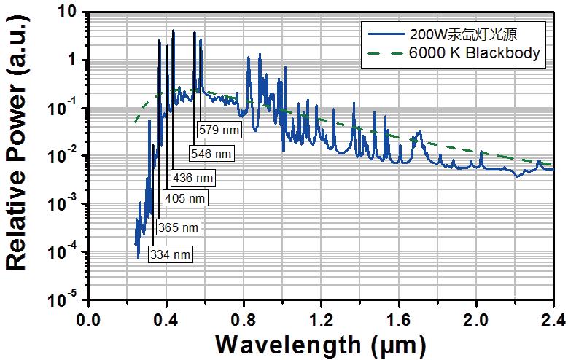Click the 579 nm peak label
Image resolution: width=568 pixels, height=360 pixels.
click(x=218, y=130)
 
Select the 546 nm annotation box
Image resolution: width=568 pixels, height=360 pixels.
click(x=211, y=154)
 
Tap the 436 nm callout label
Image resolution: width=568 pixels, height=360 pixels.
click(x=193, y=177)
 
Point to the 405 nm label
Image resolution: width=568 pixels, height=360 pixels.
click(x=186, y=197)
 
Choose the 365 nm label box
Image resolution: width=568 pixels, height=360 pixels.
click(x=178, y=228)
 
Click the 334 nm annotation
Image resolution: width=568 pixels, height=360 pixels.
click(x=170, y=254)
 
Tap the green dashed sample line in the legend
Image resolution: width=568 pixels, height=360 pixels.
click(x=386, y=52)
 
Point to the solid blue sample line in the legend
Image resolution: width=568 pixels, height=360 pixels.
click(x=386, y=33)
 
